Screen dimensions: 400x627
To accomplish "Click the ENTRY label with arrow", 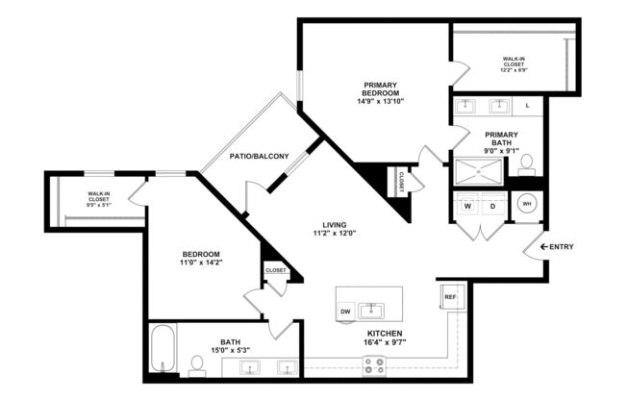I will tap(556, 247).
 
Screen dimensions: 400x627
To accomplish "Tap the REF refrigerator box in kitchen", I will tap(450, 297).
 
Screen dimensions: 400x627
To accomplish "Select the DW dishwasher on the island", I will tap(345, 311).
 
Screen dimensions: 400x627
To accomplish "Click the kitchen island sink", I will tap(370, 310).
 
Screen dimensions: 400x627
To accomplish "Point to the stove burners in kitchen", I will tap(373, 365).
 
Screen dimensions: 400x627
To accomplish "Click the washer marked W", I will tap(467, 206).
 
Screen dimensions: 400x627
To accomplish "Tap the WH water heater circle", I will tap(527, 204).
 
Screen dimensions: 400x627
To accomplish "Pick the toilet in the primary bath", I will tap(526, 169).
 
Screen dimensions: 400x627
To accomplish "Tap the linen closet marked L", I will tap(527, 105).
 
